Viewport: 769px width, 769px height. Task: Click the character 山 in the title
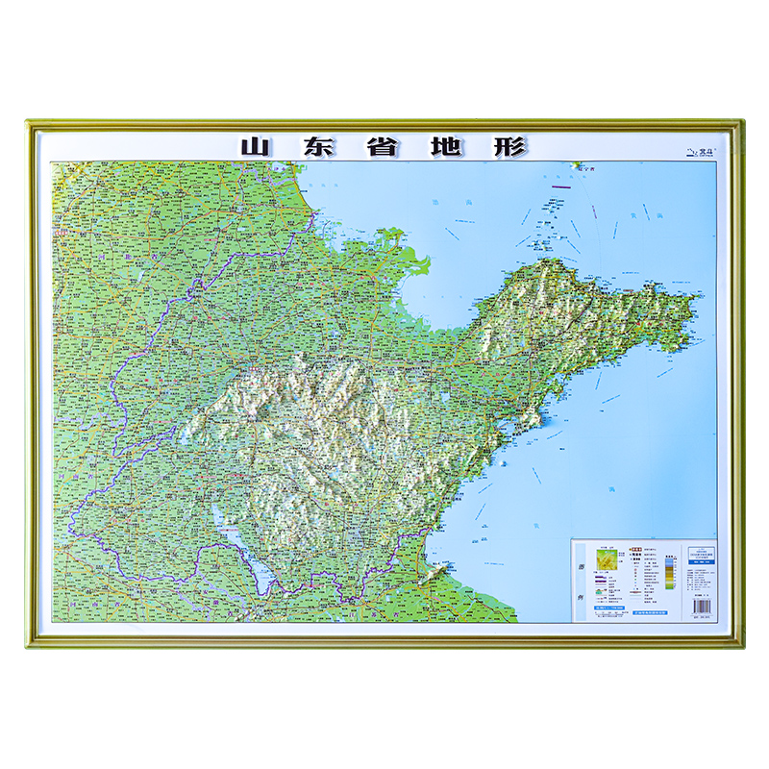coord(255,147)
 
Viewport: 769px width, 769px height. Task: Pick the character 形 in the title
coord(509,147)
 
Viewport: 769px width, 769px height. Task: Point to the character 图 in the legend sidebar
coord(580,567)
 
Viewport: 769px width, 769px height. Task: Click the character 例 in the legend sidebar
coord(580,597)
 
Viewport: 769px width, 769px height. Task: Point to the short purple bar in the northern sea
coord(560,186)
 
